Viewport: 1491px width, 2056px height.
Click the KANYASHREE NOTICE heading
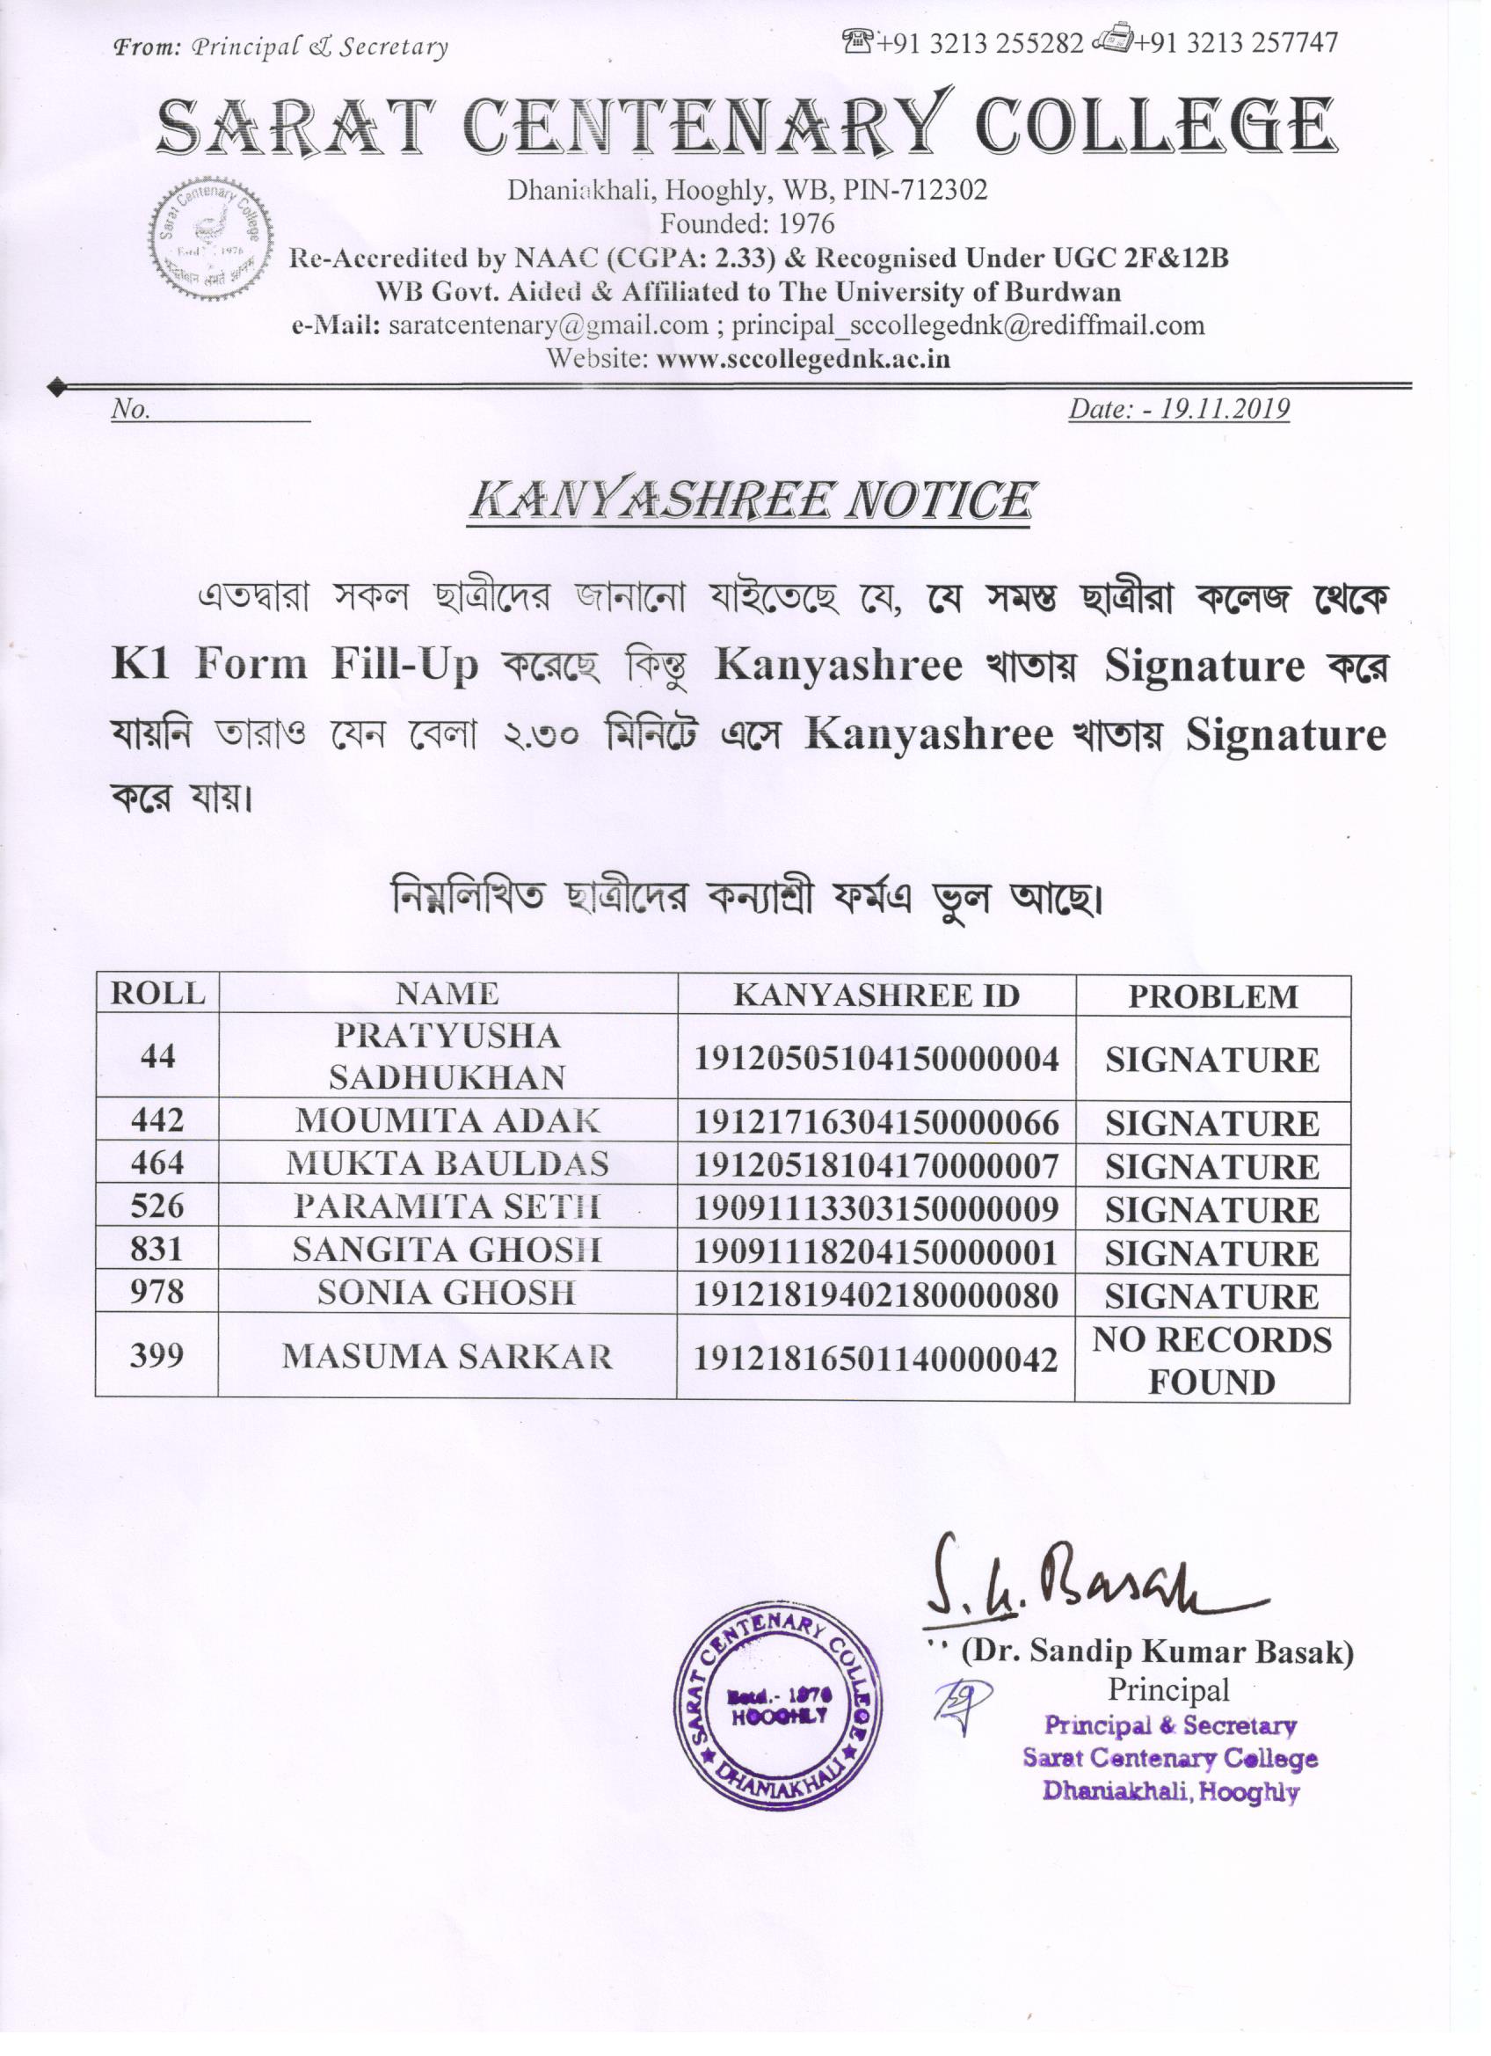point(750,501)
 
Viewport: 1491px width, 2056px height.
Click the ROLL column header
point(157,994)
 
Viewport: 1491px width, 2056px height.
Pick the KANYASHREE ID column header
point(876,995)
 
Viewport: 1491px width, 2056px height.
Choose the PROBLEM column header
point(1211,996)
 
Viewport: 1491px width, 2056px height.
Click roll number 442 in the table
point(157,1120)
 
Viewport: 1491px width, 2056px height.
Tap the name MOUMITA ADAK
point(447,1121)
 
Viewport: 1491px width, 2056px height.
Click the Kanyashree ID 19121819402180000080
point(876,1295)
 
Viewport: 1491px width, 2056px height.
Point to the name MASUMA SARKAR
point(447,1357)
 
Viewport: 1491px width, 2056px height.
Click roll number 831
point(157,1250)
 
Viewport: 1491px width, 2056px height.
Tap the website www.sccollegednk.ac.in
point(802,359)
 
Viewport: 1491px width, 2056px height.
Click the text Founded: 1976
point(747,223)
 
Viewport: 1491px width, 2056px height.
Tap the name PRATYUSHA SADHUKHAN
point(447,1056)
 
